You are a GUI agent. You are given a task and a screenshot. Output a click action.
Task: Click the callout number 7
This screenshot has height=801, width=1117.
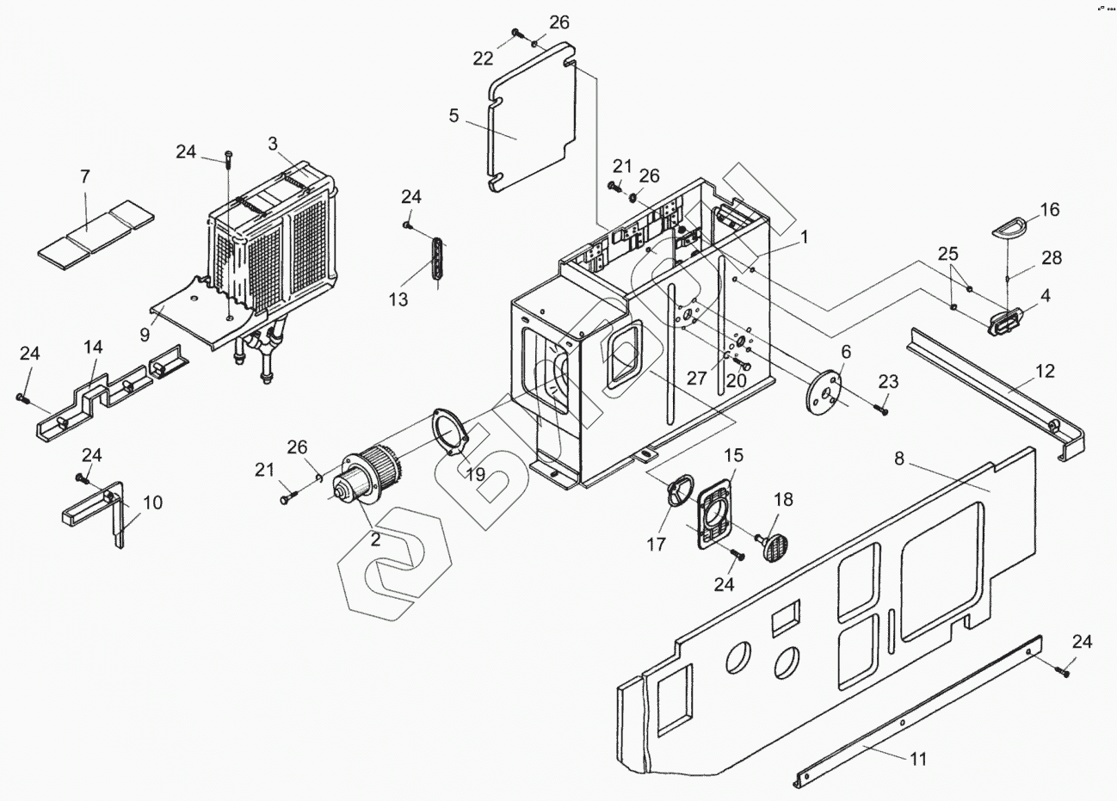click(84, 177)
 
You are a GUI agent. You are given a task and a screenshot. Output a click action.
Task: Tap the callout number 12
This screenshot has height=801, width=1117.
click(1044, 372)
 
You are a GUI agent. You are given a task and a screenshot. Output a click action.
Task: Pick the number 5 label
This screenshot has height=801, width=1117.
click(454, 114)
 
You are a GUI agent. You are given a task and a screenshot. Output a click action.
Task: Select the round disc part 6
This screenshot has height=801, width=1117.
click(824, 392)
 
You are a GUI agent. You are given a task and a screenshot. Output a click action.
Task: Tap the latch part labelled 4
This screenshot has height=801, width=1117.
click(1004, 323)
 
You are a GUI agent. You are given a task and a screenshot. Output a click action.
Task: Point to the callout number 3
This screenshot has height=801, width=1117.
click(273, 144)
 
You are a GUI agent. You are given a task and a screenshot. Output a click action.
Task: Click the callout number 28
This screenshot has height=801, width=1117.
click(1052, 257)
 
